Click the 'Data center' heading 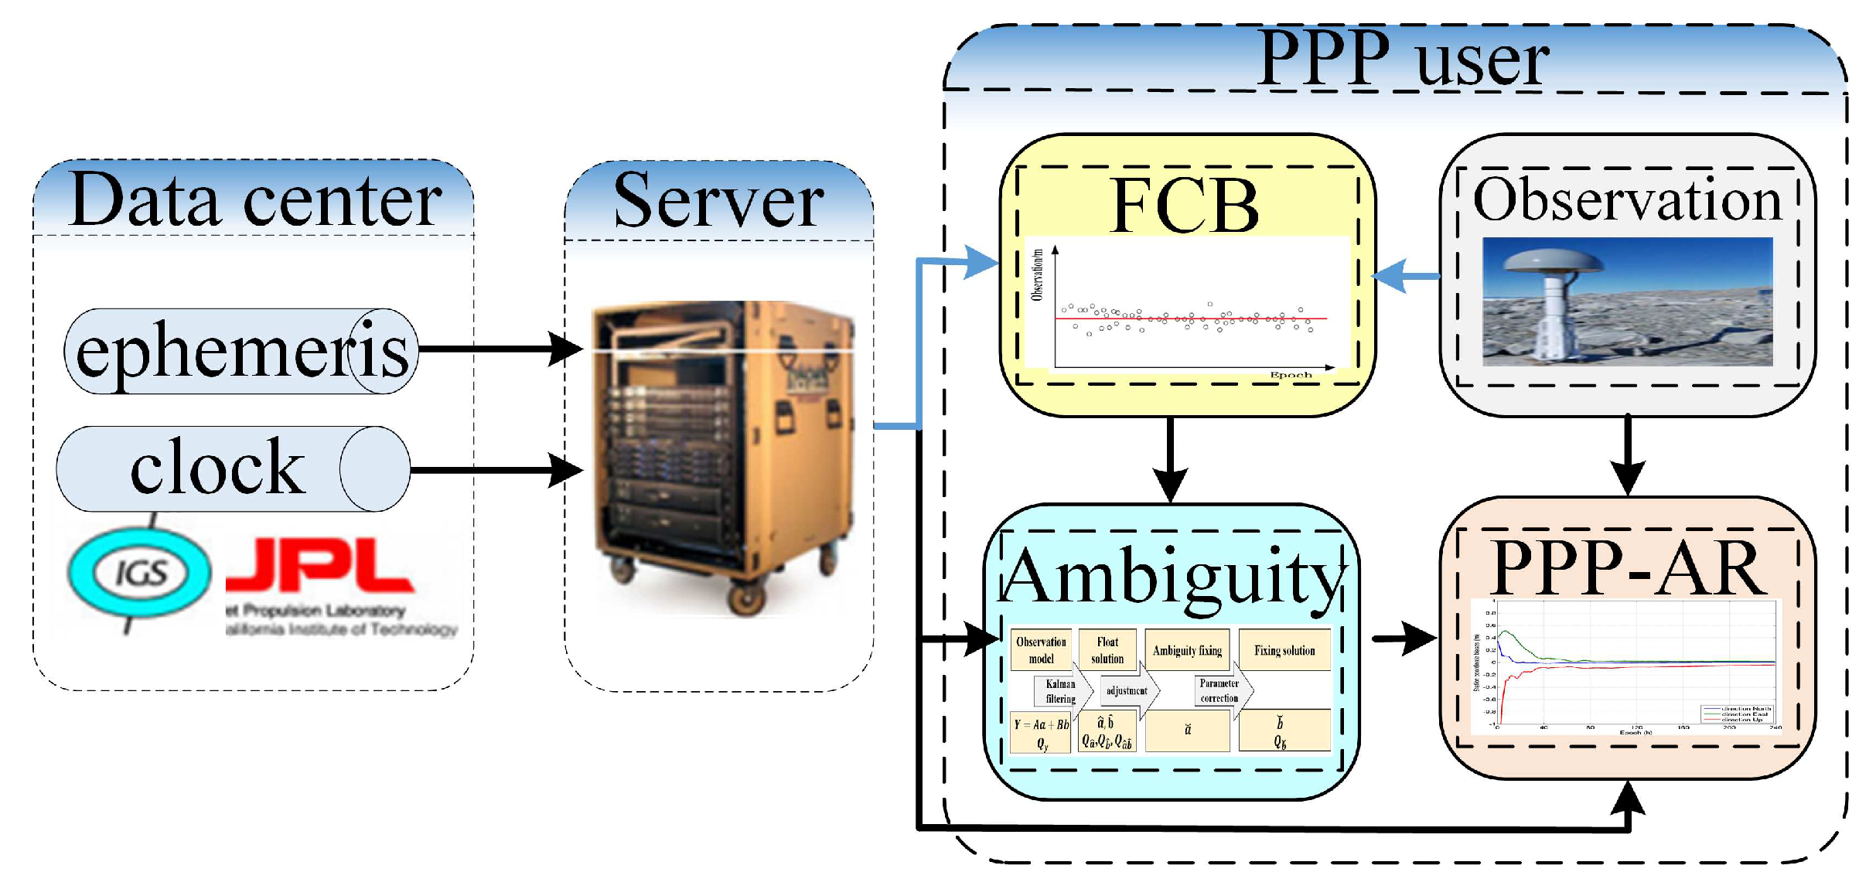click(x=255, y=199)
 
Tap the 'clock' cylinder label click(x=218, y=468)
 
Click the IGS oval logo click(x=140, y=573)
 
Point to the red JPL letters click(x=319, y=567)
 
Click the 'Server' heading click(x=718, y=201)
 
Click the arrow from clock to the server click(x=495, y=469)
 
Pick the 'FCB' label click(x=1185, y=206)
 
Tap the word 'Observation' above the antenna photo click(x=1627, y=199)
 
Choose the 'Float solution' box click(x=1107, y=650)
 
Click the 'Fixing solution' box click(x=1284, y=650)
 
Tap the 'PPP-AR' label click(x=1629, y=567)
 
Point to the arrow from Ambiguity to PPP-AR click(x=1404, y=639)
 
